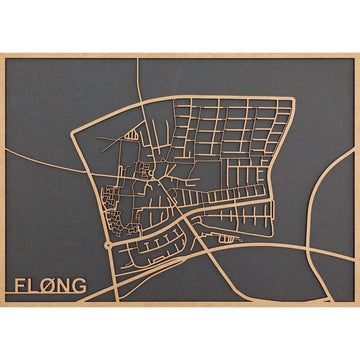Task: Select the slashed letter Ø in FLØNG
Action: pos(50,285)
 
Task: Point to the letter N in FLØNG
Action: pos(65,285)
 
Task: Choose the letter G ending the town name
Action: pos(80,285)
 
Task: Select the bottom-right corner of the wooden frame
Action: pos(357,305)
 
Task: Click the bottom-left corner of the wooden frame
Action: pos(2,305)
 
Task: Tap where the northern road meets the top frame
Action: pos(137,58)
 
